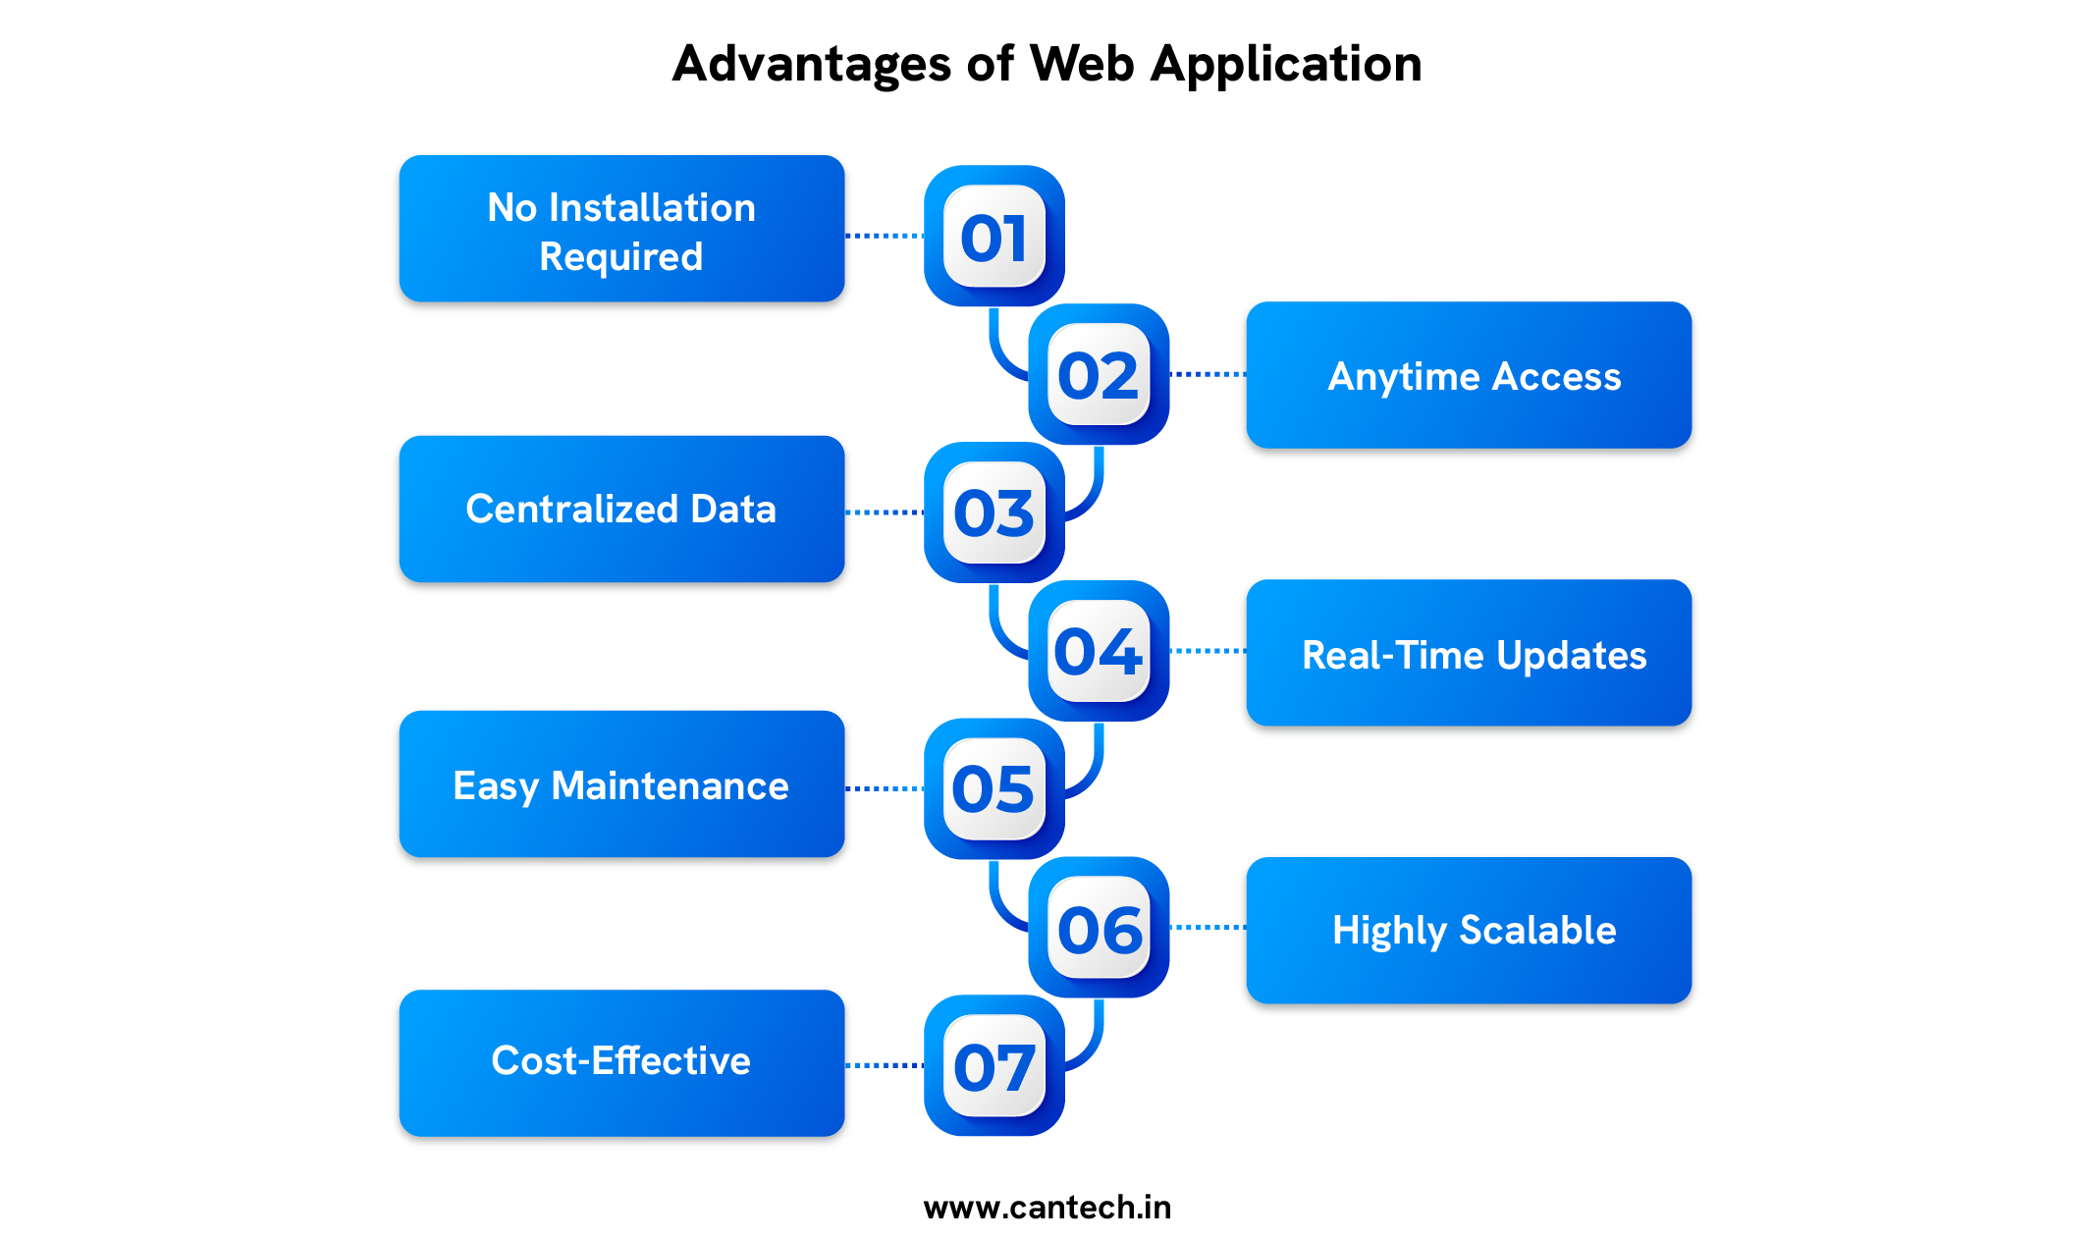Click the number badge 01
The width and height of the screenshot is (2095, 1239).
pos(994,237)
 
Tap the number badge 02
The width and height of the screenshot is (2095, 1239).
pos(1098,375)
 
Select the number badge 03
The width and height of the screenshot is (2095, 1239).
pos(994,512)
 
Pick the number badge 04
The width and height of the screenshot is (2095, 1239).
pos(1098,651)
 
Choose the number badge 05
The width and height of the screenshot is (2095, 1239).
pos(994,789)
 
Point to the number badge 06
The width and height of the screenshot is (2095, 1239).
pos(1098,928)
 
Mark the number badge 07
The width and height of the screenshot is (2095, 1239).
pos(994,1066)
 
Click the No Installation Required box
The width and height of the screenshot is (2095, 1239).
pos(621,229)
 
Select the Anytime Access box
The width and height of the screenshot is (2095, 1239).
pos(1469,375)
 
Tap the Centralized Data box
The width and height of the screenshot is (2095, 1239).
pos(621,509)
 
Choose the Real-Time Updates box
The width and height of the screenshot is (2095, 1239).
pos(1469,653)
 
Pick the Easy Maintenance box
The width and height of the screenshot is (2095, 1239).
pos(621,784)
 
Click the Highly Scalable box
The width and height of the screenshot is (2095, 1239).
pos(1469,930)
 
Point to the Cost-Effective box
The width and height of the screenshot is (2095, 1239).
pos(621,1062)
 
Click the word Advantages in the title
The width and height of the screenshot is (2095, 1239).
pos(812,65)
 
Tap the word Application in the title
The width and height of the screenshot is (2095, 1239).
pos(1286,65)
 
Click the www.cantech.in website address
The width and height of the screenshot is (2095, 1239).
pos(1047,1207)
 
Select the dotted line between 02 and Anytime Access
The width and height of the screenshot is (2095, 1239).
pos(1208,374)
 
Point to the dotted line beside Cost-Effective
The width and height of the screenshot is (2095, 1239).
pos(884,1064)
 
